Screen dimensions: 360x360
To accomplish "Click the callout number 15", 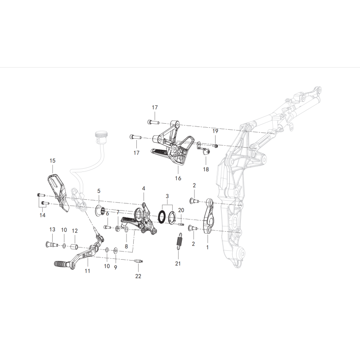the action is click(53, 161).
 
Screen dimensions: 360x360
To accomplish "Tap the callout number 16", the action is click(178, 178).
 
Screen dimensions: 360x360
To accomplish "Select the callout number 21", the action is click(178, 264).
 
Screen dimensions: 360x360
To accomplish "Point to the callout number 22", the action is click(138, 276).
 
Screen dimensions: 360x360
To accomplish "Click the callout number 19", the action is click(215, 131).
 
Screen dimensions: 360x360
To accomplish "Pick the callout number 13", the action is click(52, 229).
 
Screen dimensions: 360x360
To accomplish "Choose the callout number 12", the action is click(75, 231).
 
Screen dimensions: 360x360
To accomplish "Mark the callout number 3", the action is click(167, 196).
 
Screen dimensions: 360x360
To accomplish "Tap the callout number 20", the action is click(181, 210).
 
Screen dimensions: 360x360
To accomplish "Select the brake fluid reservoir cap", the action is click(101, 134).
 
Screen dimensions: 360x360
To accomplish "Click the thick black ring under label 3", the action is click(162, 216).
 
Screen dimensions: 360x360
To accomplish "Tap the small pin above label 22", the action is click(139, 261).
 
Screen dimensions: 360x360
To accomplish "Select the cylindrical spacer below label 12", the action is click(74, 247).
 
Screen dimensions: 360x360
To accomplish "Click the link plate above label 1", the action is click(209, 216).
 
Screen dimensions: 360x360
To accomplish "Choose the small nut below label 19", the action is click(216, 145).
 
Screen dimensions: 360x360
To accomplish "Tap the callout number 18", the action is click(206, 169).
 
